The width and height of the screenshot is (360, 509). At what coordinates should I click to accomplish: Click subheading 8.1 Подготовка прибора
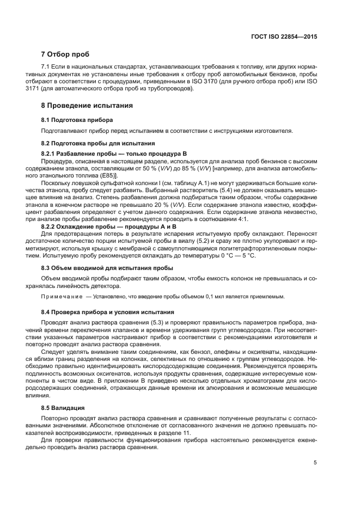[x=77, y=119]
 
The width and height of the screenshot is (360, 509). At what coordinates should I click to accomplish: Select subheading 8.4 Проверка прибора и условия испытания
[x=107, y=312]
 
